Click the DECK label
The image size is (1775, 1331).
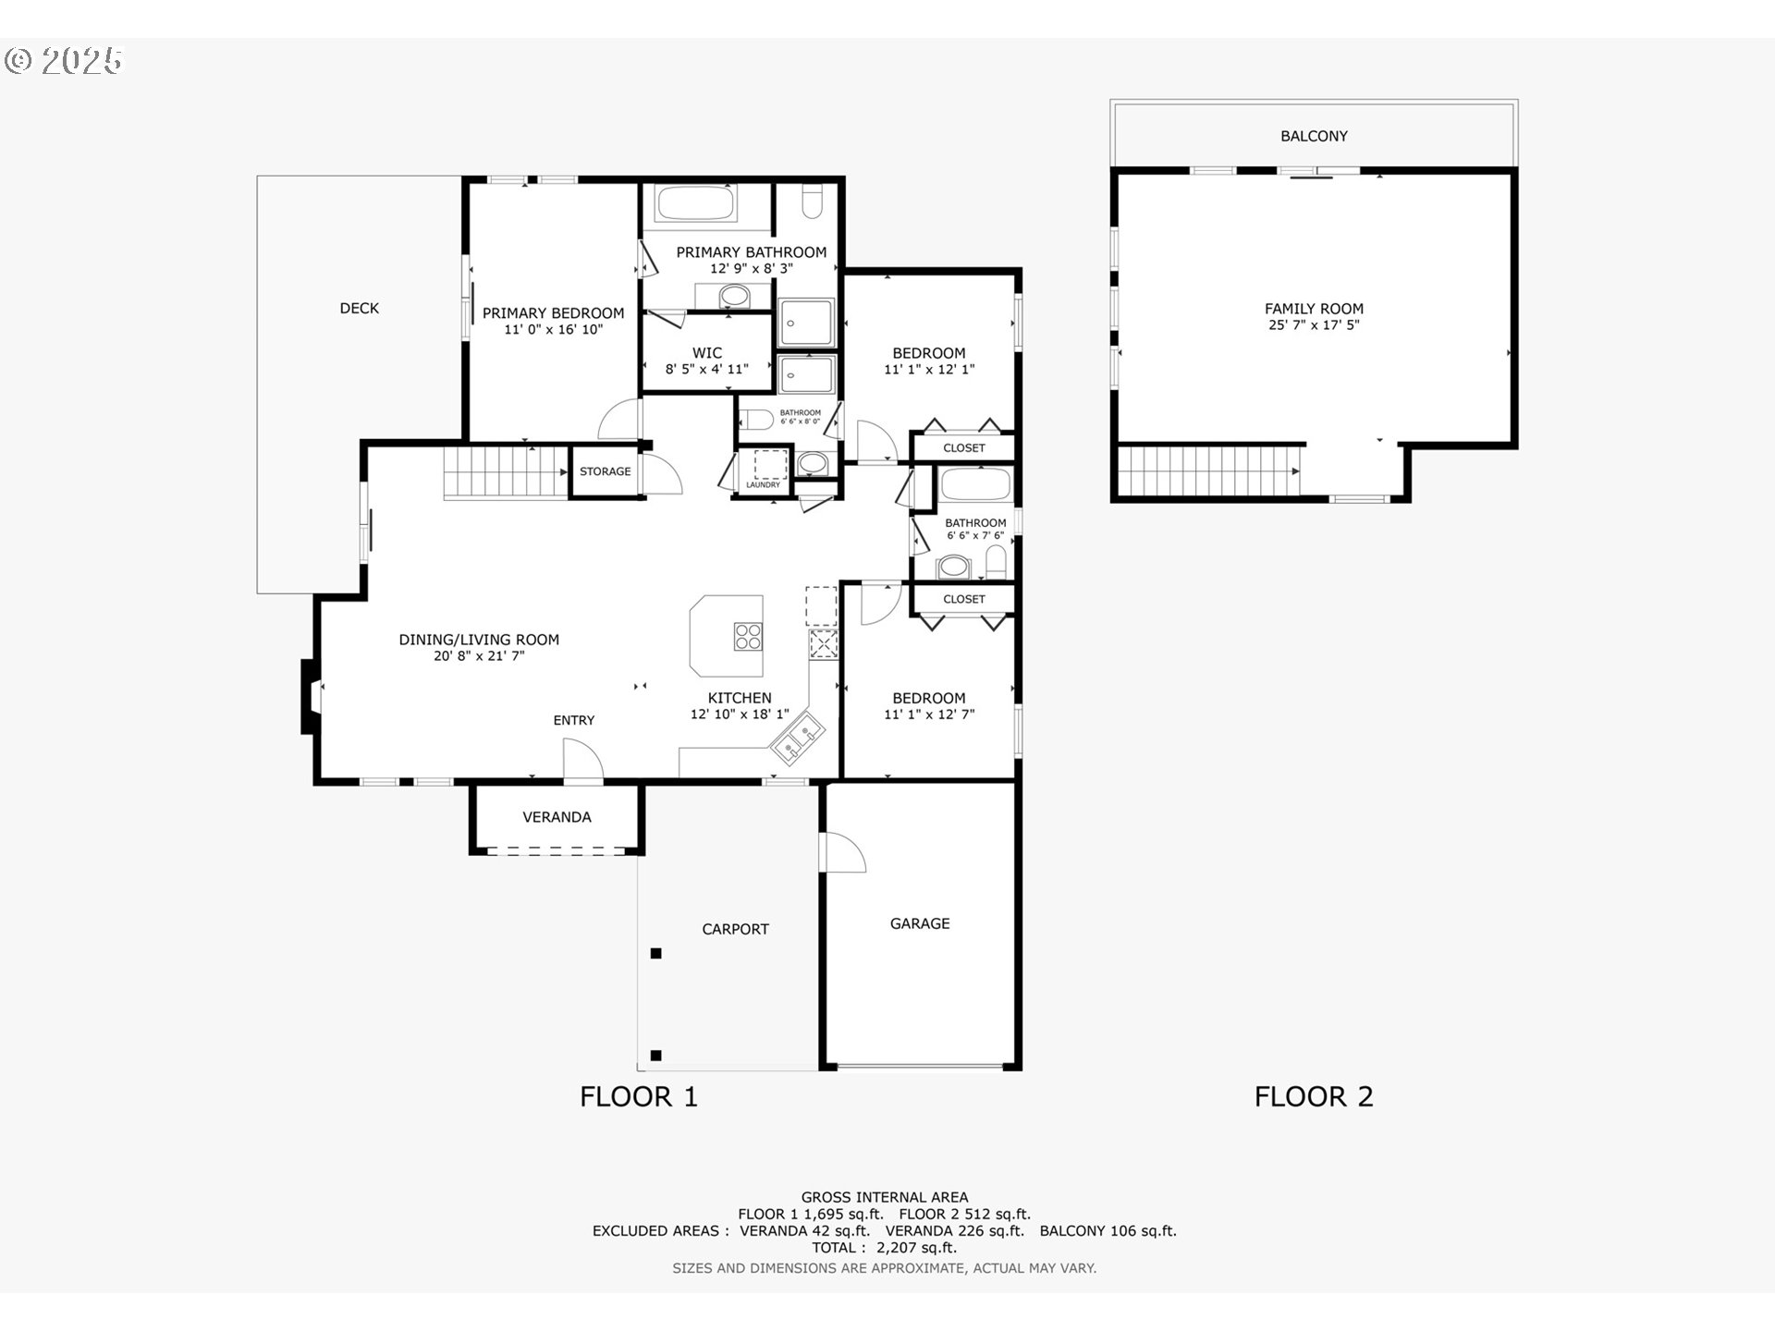click(x=359, y=309)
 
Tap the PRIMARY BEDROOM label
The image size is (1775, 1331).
click(x=553, y=313)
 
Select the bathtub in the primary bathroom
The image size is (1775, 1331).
click(x=695, y=203)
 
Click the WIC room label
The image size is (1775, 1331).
click(x=707, y=353)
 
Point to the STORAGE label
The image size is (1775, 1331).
click(x=606, y=471)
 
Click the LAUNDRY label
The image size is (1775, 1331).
click(x=764, y=485)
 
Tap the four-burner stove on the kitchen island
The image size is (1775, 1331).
click(x=748, y=636)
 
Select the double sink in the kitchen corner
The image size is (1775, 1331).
click(x=798, y=739)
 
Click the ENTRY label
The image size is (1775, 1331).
click(x=574, y=720)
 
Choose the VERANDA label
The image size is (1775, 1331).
click(x=557, y=817)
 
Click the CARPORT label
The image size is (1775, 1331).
click(x=735, y=929)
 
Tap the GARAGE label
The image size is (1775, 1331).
click(x=920, y=923)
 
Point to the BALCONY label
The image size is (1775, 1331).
click(x=1314, y=136)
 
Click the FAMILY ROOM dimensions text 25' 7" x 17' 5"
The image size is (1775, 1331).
click(x=1314, y=325)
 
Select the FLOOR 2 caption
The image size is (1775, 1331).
click(x=1314, y=1097)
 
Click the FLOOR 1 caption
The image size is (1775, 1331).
click(x=639, y=1097)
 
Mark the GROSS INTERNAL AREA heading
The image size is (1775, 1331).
click(x=885, y=1198)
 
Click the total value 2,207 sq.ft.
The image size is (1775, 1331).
click(x=916, y=1248)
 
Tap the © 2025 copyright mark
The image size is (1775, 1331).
click(x=63, y=61)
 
